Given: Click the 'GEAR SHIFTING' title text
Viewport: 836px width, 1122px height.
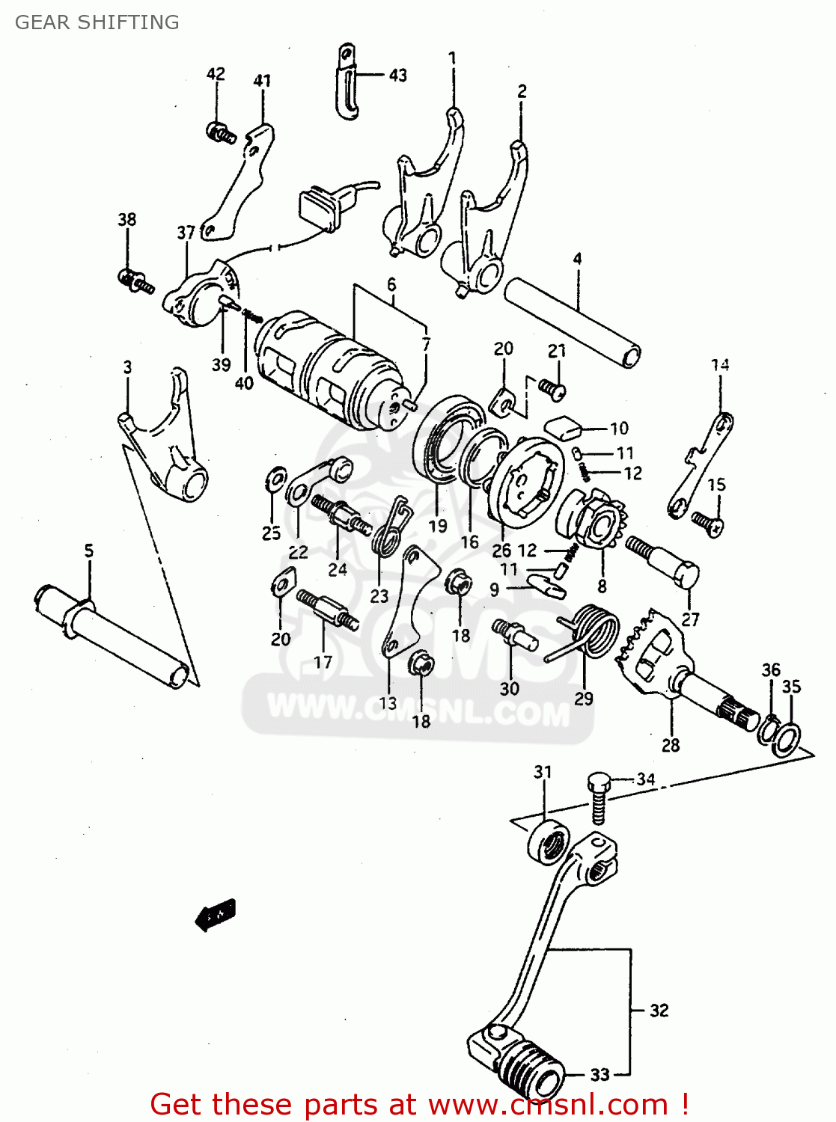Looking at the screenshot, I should tap(97, 22).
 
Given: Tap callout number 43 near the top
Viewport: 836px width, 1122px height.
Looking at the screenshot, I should tap(398, 75).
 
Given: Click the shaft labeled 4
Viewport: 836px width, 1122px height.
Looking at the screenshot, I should tap(573, 322).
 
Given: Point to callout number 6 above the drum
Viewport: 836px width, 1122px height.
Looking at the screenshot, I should tap(391, 284).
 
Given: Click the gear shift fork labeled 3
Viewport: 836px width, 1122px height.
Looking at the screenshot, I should tap(168, 449).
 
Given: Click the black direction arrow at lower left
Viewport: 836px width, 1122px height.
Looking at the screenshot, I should tap(216, 914).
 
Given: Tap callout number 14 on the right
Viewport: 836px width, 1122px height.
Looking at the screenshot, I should tap(720, 365).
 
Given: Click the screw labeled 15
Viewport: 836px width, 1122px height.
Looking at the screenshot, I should tap(707, 521).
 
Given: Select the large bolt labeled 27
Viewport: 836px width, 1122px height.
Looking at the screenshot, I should tap(666, 561).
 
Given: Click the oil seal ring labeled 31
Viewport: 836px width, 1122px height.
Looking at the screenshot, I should tap(549, 843).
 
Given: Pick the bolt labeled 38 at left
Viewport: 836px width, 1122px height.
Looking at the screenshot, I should tap(135, 281).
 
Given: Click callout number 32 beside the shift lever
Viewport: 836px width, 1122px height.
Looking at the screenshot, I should tap(659, 1011).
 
